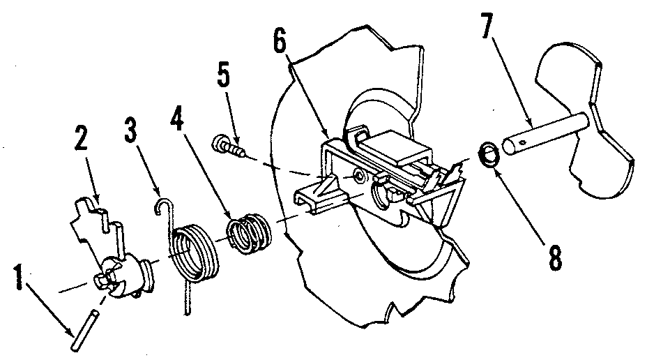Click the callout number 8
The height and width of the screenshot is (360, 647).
(x=554, y=255)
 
